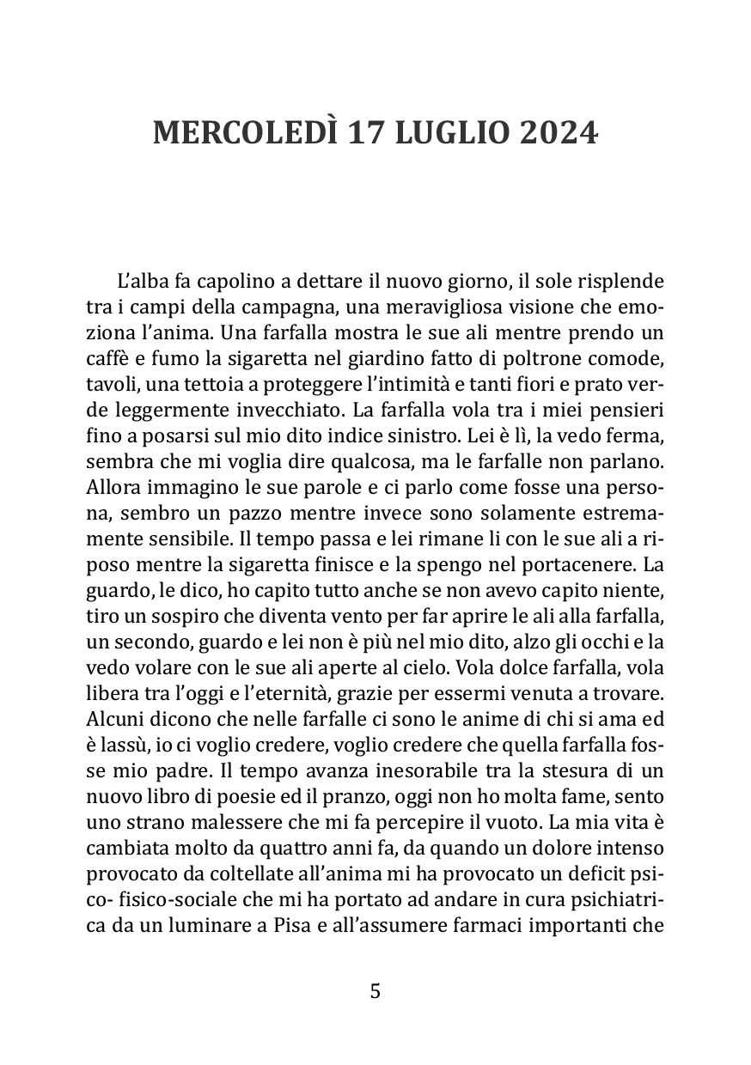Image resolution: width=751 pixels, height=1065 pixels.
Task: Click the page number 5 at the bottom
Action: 375,991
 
